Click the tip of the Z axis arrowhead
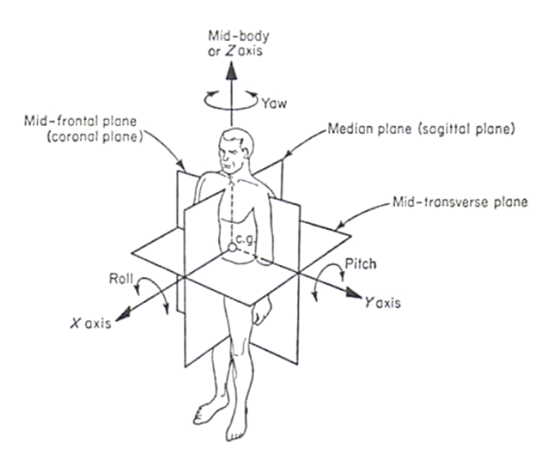click(232, 62)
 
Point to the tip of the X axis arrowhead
click(115, 320)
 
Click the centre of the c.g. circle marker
click(232, 247)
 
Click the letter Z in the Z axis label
click(230, 51)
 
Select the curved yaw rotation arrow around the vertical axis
click(231, 100)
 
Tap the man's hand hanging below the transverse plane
click(261, 311)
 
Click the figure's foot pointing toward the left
click(206, 414)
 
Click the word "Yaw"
click(274, 103)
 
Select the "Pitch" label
click(361, 264)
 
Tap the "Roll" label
click(121, 278)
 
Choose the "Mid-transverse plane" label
click(460, 202)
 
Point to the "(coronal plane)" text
click(95, 137)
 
